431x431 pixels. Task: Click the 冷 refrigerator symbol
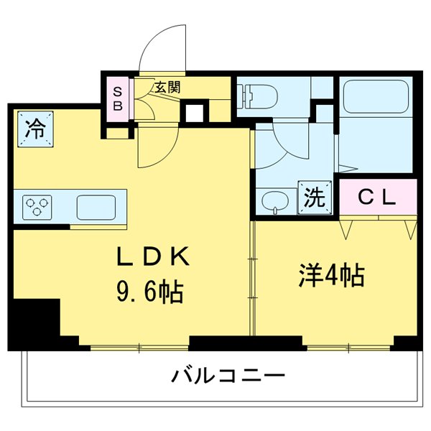coord(34,130)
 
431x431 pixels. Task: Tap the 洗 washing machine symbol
coord(315,197)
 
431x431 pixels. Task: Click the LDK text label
coord(154,256)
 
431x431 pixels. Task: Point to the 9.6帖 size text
coord(150,292)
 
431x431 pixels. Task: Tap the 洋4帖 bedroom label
coord(332,275)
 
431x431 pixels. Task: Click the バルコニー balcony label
coord(228,375)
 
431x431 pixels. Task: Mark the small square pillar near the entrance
coord(193,112)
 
